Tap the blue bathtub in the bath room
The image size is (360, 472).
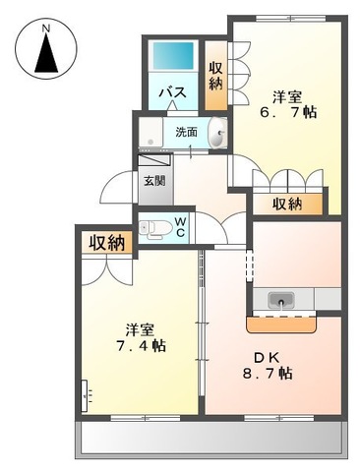(x=175, y=59)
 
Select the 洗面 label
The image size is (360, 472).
(x=186, y=132)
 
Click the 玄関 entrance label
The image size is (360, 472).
(x=154, y=180)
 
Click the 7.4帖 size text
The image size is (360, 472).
(x=137, y=346)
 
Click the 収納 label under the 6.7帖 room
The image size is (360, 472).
(x=287, y=205)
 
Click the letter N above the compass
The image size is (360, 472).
(x=46, y=28)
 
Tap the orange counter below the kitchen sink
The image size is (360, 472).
(x=283, y=321)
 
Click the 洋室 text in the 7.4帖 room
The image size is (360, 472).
(x=139, y=327)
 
